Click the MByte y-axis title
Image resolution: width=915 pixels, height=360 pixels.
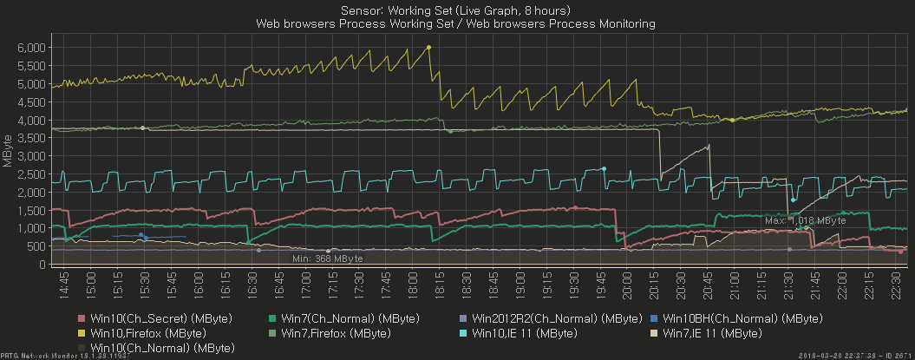(x=7, y=150)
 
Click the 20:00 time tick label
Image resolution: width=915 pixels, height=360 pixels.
(x=629, y=285)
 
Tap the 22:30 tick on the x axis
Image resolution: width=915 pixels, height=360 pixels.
(x=897, y=285)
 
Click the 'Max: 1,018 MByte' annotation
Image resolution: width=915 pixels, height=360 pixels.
(x=804, y=220)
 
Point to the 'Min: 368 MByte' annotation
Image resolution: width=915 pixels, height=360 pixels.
(x=327, y=259)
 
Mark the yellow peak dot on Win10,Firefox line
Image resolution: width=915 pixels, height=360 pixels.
(x=429, y=48)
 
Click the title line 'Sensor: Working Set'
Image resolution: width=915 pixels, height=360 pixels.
(x=456, y=10)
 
